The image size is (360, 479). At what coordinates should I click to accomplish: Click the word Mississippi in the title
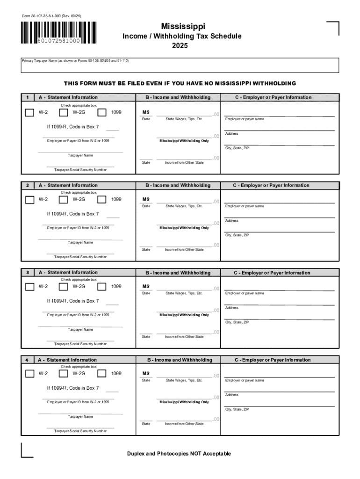point(183,26)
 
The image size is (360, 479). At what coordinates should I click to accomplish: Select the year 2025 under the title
point(180,46)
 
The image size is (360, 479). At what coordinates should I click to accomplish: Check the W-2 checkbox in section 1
point(29,112)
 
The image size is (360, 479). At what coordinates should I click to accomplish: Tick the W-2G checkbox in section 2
point(64,200)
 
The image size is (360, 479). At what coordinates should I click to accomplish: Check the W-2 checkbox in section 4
point(29,374)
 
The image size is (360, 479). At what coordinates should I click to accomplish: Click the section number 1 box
point(28,97)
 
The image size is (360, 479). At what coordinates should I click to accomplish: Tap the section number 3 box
point(28,272)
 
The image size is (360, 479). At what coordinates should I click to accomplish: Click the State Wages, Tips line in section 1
point(184,116)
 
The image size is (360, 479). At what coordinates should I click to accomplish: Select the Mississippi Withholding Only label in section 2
point(184,228)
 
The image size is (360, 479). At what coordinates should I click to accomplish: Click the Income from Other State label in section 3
point(184,337)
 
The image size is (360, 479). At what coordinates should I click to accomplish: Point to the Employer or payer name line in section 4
point(279,377)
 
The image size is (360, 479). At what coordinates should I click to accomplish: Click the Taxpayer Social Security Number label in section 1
point(80,170)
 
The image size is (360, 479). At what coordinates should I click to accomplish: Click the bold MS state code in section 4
point(146,373)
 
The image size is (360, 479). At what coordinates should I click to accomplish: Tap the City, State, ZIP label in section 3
point(237,322)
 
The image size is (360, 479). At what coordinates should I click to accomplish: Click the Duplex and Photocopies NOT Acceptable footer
point(179,454)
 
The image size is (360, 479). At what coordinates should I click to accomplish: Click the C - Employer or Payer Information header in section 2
point(271,185)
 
